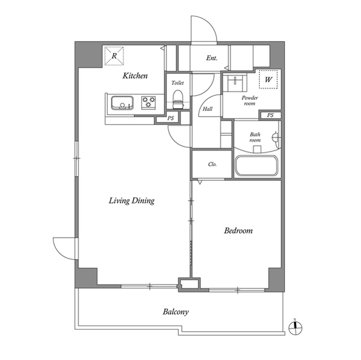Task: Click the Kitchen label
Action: point(135,75)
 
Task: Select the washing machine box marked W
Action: point(268,79)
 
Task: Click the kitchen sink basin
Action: point(121,103)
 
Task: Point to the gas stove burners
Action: point(149,102)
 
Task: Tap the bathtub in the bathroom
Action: point(256,166)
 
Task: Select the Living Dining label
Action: point(132,201)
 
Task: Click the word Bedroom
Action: point(238,230)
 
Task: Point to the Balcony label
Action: point(175,312)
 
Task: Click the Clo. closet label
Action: point(213,165)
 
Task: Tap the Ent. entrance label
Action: point(212,58)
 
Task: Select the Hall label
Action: point(207,109)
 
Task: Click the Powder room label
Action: point(250,100)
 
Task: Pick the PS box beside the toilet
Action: point(171,118)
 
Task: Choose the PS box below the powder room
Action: point(270,115)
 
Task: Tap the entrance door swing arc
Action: point(203,28)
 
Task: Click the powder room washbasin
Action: point(235,83)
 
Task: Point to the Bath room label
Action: point(255,137)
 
